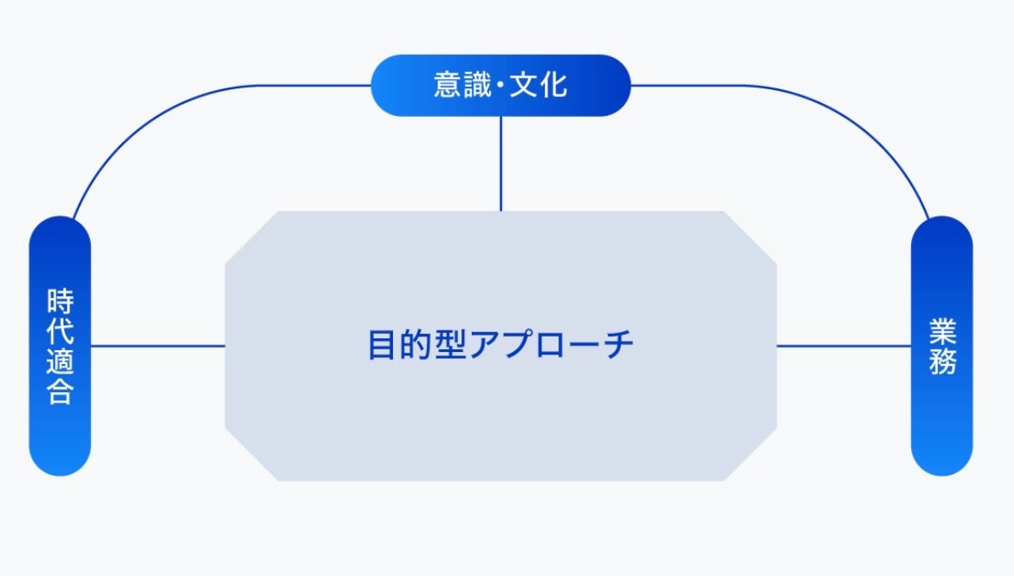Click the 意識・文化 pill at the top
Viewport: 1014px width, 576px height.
(x=500, y=85)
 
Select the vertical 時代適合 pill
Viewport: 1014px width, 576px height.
(x=60, y=346)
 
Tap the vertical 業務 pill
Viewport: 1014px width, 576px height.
(x=941, y=346)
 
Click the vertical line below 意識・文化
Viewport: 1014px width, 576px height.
(x=501, y=163)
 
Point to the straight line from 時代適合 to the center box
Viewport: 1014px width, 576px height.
(x=158, y=346)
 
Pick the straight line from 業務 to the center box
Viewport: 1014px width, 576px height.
(x=844, y=346)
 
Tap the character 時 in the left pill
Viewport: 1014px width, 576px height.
(x=60, y=302)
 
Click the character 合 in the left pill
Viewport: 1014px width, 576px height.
(x=60, y=392)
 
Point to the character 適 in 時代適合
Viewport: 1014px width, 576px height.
(x=60, y=362)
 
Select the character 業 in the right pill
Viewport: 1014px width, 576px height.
(x=942, y=330)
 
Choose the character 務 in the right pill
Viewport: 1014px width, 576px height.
(x=942, y=361)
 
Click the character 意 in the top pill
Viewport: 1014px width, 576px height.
(x=448, y=86)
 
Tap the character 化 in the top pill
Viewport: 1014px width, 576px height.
(x=553, y=86)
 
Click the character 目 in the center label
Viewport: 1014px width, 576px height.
(x=382, y=345)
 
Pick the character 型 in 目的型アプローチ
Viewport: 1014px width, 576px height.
(x=450, y=345)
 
